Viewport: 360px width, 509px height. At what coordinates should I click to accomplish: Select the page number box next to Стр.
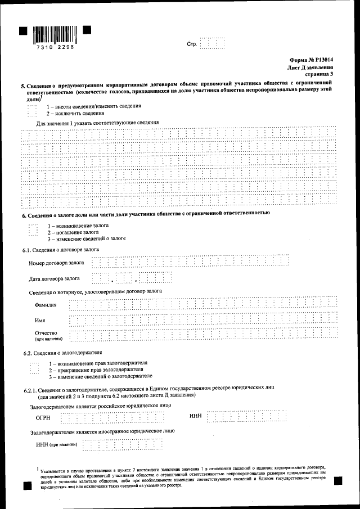[212, 43]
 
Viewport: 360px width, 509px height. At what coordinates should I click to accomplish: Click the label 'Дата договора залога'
[54, 278]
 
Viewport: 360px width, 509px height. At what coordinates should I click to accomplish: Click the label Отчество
[46, 333]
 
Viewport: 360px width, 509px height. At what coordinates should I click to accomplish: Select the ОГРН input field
[112, 417]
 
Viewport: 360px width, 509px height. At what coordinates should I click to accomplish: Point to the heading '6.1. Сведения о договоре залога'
[61, 249]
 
